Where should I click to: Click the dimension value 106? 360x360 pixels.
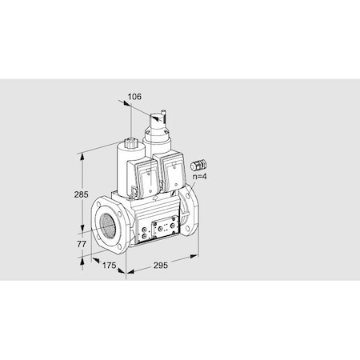134,97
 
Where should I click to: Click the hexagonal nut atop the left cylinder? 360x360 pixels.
130,143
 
